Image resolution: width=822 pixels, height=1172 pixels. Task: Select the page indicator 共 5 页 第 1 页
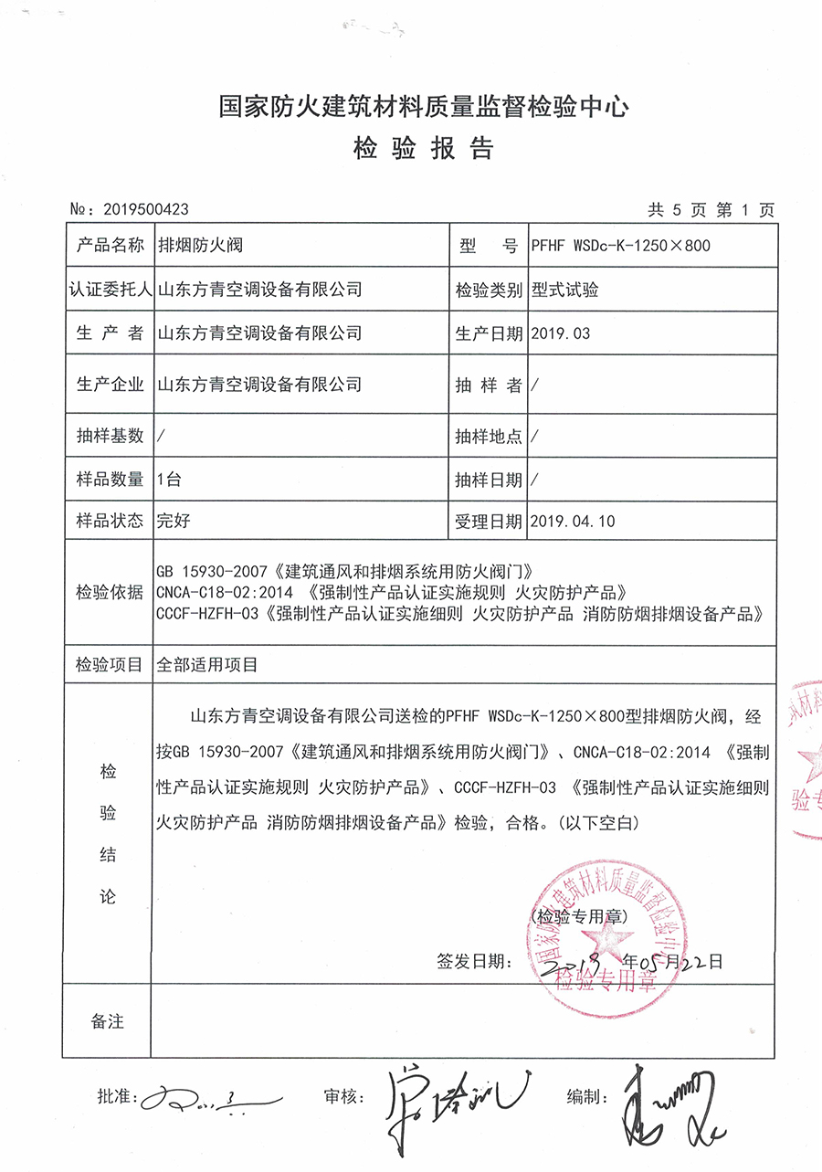tap(711, 210)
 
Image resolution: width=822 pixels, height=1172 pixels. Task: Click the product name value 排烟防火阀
tap(201, 245)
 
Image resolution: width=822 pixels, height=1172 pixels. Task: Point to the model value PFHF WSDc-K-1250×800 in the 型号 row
tap(620, 245)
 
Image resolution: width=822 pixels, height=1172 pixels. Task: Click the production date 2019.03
tap(560, 333)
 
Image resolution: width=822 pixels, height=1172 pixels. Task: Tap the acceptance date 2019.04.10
tap(573, 522)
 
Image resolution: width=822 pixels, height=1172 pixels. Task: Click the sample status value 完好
tap(174, 522)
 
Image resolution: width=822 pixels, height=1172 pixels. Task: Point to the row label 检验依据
tap(110, 593)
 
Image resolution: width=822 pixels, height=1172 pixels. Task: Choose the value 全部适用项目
tap(208, 666)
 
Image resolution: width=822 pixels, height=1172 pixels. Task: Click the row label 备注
tap(108, 1021)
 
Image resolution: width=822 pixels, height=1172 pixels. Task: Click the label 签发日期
tap(470, 961)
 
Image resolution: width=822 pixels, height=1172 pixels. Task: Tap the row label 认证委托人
tap(110, 290)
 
